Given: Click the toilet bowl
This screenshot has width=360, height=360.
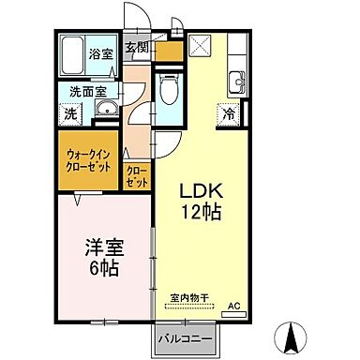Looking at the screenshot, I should [169, 91].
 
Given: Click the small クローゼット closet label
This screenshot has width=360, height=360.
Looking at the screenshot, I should [136, 174].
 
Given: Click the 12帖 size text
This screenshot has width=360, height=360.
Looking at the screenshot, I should [201, 212].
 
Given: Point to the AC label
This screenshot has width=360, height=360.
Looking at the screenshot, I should [233, 306].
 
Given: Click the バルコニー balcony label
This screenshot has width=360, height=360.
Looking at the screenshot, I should [184, 337].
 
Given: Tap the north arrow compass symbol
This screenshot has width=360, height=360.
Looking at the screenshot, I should [293, 336].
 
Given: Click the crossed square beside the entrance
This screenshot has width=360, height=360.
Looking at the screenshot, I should [200, 45].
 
